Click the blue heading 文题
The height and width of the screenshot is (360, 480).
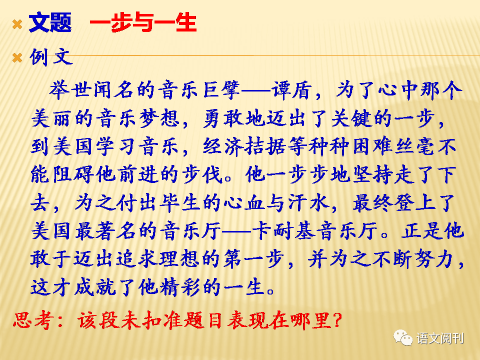click(x=50, y=22)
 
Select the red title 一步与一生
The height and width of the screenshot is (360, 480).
click(x=143, y=22)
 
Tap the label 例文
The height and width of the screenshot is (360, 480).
click(x=51, y=57)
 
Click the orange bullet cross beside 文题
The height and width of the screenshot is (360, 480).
click(x=17, y=24)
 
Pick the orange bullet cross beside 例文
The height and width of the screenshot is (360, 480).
click(x=17, y=57)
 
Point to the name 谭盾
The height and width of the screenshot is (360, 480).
click(x=292, y=90)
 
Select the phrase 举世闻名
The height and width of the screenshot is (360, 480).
click(x=91, y=90)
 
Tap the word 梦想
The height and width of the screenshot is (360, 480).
click(x=159, y=118)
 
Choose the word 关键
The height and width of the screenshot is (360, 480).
click(x=350, y=118)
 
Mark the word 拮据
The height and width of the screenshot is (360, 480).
click(x=265, y=146)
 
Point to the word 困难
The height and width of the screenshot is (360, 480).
click(x=372, y=146)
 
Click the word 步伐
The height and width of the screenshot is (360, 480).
click(x=201, y=174)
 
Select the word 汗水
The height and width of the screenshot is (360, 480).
click(x=308, y=202)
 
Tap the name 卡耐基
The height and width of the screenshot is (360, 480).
click(x=284, y=231)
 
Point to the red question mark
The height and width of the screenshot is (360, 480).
click(x=336, y=320)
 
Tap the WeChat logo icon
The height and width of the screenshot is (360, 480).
click(x=403, y=338)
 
